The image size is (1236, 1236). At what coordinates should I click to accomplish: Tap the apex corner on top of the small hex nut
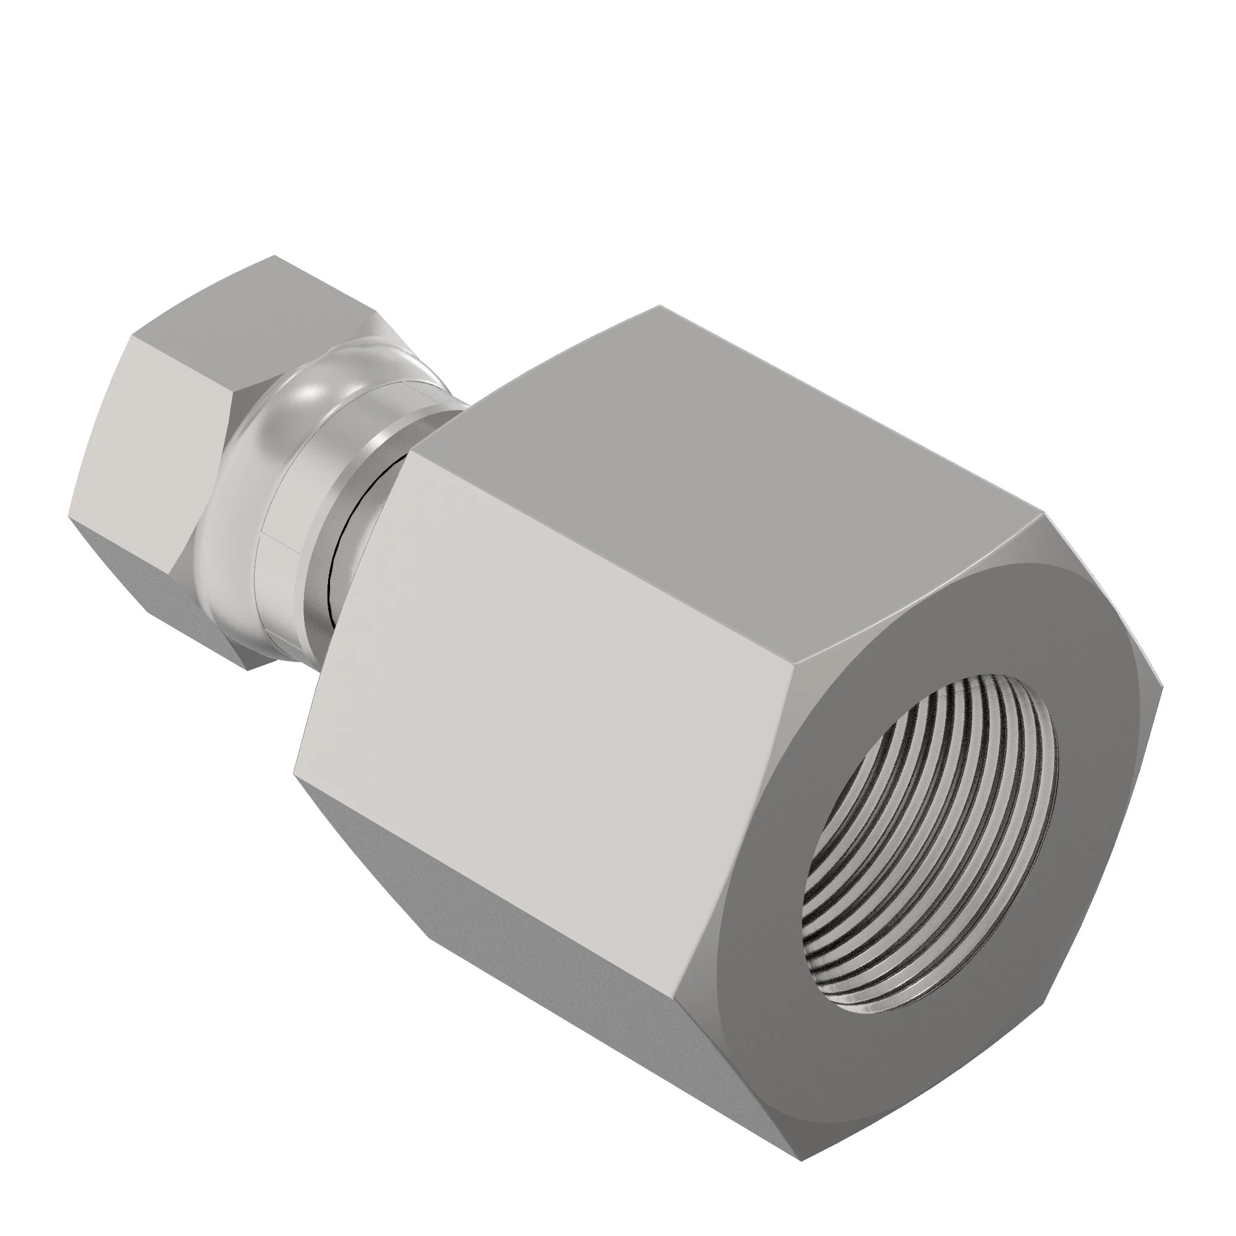(275, 256)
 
